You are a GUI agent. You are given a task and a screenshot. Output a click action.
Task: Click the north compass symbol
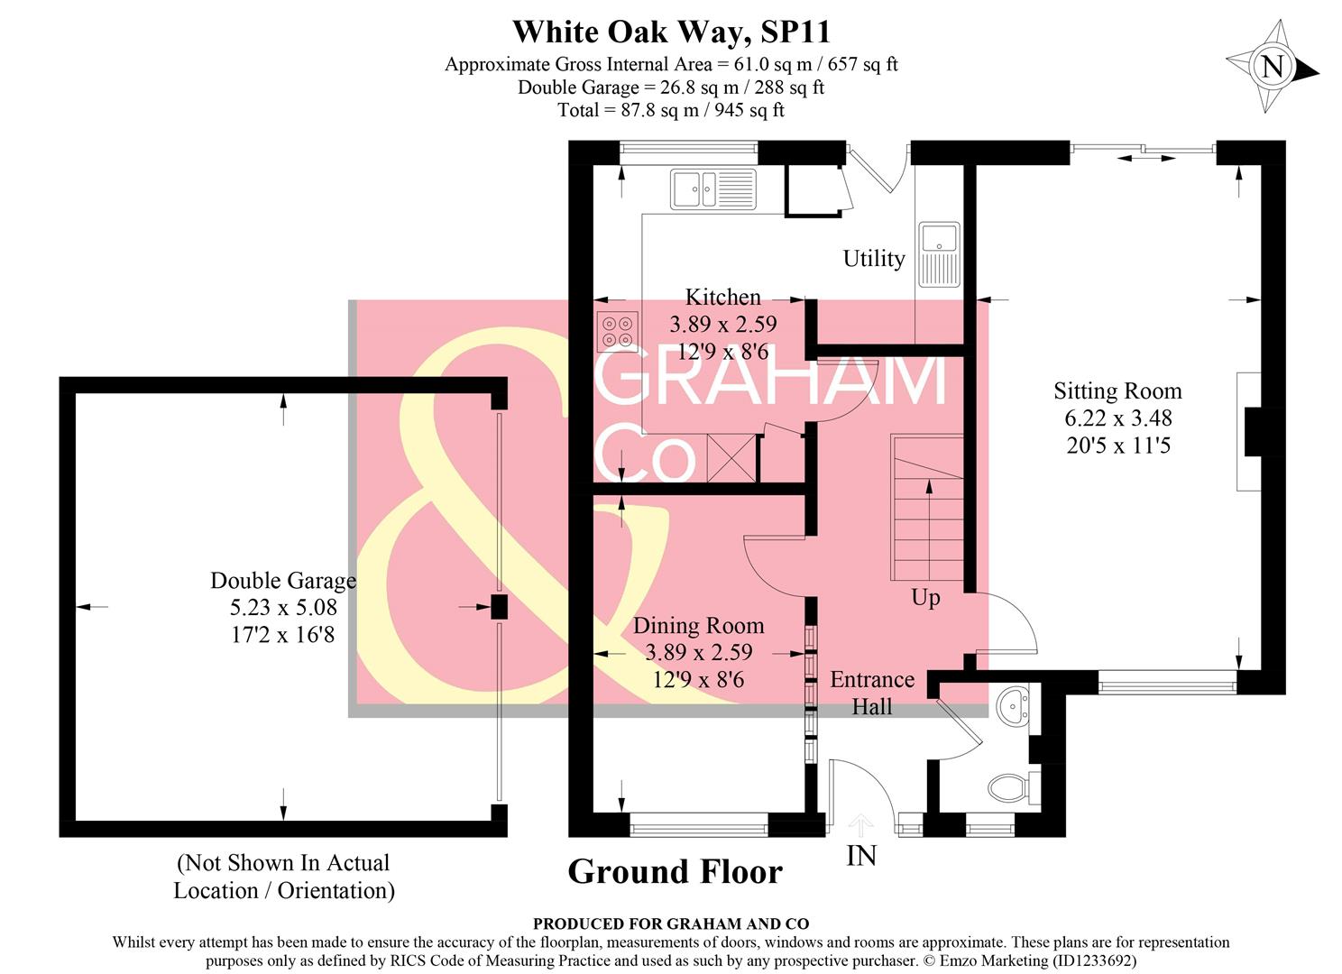1272,67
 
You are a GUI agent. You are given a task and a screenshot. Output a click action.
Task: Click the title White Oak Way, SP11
671,32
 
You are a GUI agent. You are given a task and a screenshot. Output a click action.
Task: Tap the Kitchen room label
722,297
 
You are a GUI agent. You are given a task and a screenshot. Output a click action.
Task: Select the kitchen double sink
712,188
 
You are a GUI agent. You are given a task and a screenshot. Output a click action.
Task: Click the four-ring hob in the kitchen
618,330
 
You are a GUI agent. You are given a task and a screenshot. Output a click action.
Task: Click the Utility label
873,259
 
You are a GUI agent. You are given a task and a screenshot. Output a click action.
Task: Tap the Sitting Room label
1117,391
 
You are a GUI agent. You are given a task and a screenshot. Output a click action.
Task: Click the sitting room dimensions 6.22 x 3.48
1117,418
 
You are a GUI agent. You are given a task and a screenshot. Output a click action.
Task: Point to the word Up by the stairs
925,597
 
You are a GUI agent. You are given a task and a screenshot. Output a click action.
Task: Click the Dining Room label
698,625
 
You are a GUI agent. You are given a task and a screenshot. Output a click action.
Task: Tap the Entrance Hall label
871,693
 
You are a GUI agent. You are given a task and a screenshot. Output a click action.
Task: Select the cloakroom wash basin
1016,704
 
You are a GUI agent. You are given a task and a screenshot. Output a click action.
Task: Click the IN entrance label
861,855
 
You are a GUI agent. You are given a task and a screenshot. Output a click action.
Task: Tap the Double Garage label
283,581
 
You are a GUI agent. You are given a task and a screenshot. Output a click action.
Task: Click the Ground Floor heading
675,872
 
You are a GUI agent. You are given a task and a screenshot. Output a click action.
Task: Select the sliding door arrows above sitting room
1146,158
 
